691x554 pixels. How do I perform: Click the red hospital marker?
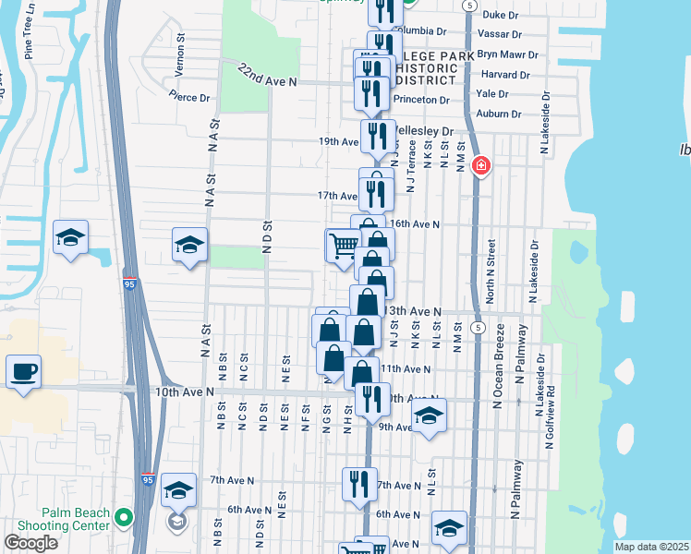tap(480, 167)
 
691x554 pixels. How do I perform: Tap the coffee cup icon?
tap(23, 372)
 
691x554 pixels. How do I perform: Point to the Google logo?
tap(30, 543)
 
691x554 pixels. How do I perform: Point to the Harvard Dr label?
tap(505, 75)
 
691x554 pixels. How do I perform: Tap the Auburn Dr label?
tap(499, 114)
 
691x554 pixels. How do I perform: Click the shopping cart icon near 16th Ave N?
tap(343, 246)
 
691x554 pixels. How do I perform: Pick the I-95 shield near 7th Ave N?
tap(149, 479)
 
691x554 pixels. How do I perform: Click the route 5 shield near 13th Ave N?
tap(478, 328)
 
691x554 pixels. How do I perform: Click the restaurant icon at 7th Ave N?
tap(359, 483)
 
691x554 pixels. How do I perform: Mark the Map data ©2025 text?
tap(651, 547)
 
